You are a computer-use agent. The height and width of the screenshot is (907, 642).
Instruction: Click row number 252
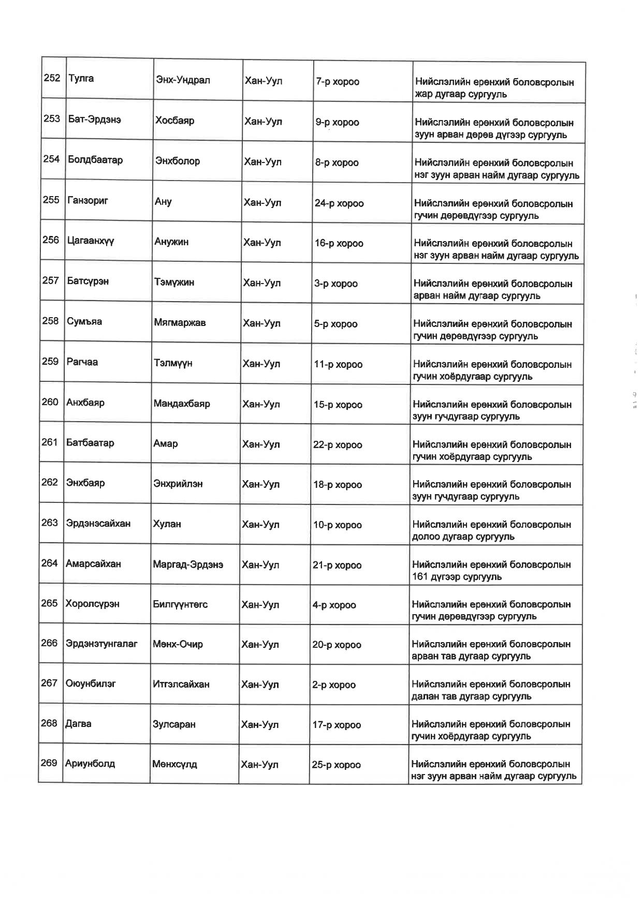[52, 78]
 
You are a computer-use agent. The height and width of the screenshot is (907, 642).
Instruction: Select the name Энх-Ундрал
[183, 80]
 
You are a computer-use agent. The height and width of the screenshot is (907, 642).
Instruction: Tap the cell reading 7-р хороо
[337, 82]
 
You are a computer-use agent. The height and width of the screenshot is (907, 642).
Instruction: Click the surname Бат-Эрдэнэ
[95, 119]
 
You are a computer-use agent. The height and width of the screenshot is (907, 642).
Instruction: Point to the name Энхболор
[178, 161]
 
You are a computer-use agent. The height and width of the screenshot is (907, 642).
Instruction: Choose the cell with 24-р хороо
[339, 203]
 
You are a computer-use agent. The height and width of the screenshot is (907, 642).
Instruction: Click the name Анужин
[171, 242]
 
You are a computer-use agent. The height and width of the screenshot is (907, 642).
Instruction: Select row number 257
[50, 280]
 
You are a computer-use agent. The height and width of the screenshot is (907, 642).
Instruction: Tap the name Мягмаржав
[180, 322]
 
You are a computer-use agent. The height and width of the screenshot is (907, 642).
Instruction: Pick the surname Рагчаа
[82, 362]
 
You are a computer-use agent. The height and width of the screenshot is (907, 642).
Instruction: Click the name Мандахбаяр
[182, 404]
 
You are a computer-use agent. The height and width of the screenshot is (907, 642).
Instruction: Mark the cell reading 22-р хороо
[338, 444]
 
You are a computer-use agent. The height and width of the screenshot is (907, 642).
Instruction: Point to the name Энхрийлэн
[178, 484]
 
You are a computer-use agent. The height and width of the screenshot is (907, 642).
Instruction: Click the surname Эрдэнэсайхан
[98, 523]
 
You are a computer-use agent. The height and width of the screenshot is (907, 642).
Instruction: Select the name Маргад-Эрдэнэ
[188, 564]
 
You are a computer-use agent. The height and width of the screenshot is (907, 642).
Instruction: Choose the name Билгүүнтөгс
[180, 604]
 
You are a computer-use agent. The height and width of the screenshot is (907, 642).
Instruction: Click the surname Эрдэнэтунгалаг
[101, 644]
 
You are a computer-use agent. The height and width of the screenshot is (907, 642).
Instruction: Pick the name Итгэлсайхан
[181, 684]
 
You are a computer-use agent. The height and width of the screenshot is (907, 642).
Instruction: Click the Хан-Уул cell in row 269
[259, 764]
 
